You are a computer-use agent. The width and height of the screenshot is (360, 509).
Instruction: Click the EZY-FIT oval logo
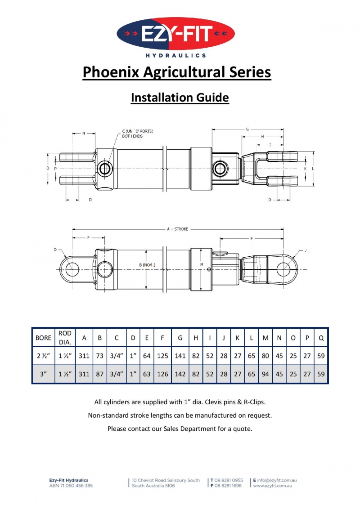(x=176, y=34)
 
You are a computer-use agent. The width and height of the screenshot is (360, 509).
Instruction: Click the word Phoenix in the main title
(x=112, y=72)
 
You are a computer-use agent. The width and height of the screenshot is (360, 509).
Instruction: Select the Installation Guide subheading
(x=180, y=97)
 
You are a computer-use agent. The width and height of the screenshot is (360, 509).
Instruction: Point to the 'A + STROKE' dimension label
(x=178, y=229)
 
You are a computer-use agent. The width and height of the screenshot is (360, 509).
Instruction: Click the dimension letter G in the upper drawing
(x=247, y=129)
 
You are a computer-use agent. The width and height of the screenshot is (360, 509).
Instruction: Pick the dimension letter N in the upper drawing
(x=83, y=133)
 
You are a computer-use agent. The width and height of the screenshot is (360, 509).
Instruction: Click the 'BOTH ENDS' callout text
(x=132, y=136)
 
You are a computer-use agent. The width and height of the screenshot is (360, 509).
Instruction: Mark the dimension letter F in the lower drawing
(x=252, y=238)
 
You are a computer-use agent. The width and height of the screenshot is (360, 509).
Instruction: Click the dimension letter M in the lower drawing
(x=202, y=264)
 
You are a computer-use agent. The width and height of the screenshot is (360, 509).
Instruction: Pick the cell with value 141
(x=180, y=356)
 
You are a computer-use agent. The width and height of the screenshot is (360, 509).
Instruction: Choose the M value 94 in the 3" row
(x=265, y=374)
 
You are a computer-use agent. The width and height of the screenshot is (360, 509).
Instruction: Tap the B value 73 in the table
(x=100, y=356)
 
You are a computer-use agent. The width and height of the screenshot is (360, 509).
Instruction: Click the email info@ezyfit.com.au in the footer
(x=277, y=480)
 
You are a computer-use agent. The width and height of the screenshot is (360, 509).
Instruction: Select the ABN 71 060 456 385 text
(x=71, y=486)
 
